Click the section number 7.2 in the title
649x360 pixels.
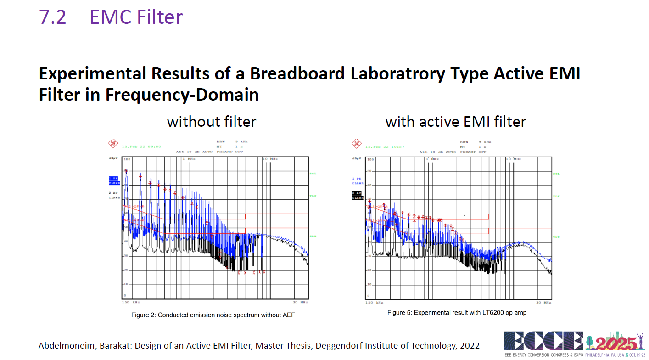pos(53,17)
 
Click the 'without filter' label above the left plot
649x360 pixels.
pos(212,122)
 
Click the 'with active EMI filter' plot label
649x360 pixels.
pos(455,122)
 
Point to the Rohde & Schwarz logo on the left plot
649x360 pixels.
pos(113,144)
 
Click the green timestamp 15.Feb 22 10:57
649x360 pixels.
pos(379,146)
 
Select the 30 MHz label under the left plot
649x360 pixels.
pos(299,303)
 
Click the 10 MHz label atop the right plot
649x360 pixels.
pos(514,159)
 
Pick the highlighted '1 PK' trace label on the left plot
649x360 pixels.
pos(113,178)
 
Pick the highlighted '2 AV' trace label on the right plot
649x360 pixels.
pos(357,193)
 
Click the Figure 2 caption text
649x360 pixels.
pos(213,315)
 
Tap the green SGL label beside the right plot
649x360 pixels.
pos(556,174)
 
